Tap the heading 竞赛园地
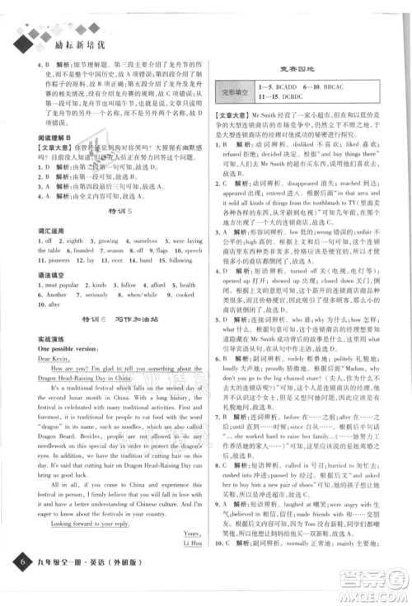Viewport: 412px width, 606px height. click(x=299, y=69)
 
